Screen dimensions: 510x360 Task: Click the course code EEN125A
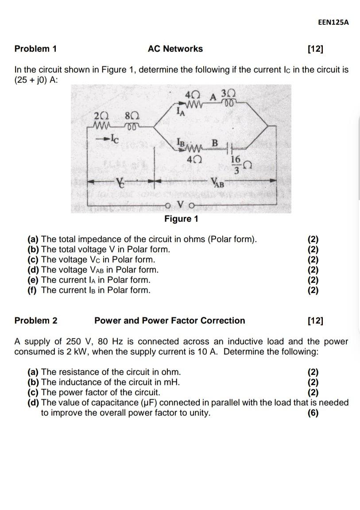coord(333,23)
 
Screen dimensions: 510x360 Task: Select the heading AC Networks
coord(175,49)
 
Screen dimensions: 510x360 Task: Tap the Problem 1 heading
coord(35,49)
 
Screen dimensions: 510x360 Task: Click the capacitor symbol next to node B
coord(228,146)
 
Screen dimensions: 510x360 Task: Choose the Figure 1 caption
coord(181,219)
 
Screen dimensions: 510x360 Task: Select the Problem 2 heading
coord(35,321)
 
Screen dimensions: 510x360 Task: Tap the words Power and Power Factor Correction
coord(170,321)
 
